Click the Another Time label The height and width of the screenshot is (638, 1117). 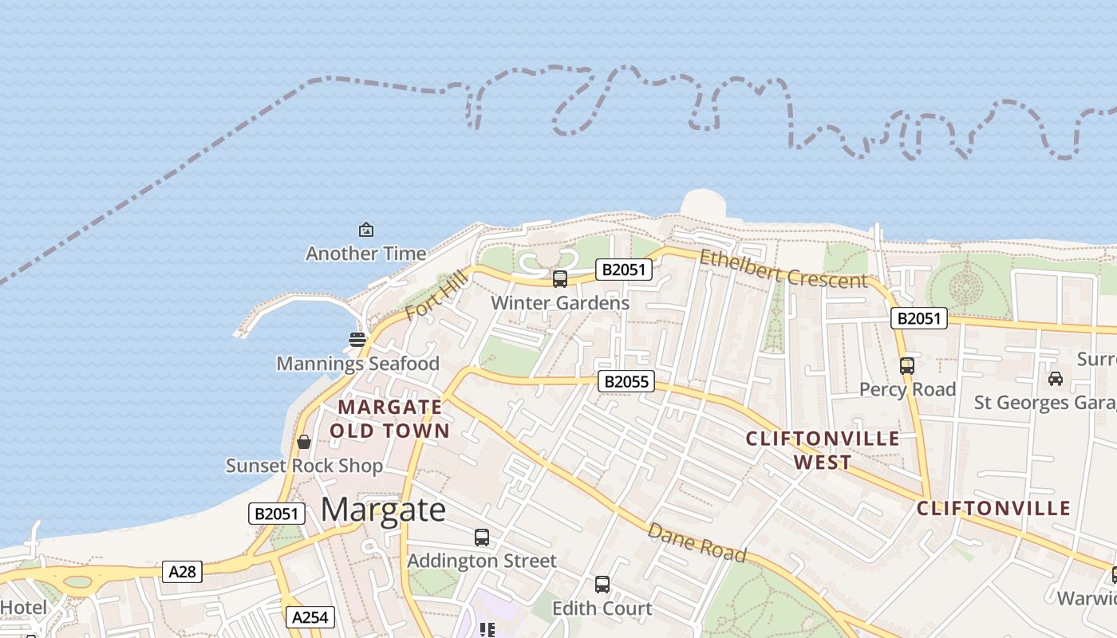coord(365,254)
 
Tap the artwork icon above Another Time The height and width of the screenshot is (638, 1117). coord(365,230)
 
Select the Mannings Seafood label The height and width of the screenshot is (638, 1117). coord(357,364)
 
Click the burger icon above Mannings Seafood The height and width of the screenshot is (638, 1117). coord(357,340)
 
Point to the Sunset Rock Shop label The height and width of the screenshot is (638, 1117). coord(304,466)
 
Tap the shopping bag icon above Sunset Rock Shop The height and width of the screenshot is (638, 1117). coord(304,442)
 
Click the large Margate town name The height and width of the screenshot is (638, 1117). coord(383,510)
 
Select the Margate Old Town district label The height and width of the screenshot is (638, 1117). coord(389,419)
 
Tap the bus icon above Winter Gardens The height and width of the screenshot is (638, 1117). coord(560,279)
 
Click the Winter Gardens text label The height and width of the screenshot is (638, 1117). coord(560,303)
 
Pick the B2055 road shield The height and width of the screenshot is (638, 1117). coord(626,382)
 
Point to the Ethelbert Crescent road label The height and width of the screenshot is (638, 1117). coord(783,269)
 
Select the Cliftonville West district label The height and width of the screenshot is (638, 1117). coord(823,450)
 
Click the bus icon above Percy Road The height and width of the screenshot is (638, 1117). coord(907,366)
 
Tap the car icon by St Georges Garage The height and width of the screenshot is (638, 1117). coord(1056,379)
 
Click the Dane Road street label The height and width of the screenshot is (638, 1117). coord(697,542)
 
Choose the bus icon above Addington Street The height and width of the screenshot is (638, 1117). coord(482,538)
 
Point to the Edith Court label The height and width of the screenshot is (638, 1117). coord(602,608)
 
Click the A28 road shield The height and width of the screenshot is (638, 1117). coord(183,572)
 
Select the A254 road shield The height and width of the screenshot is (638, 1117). coord(310,617)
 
